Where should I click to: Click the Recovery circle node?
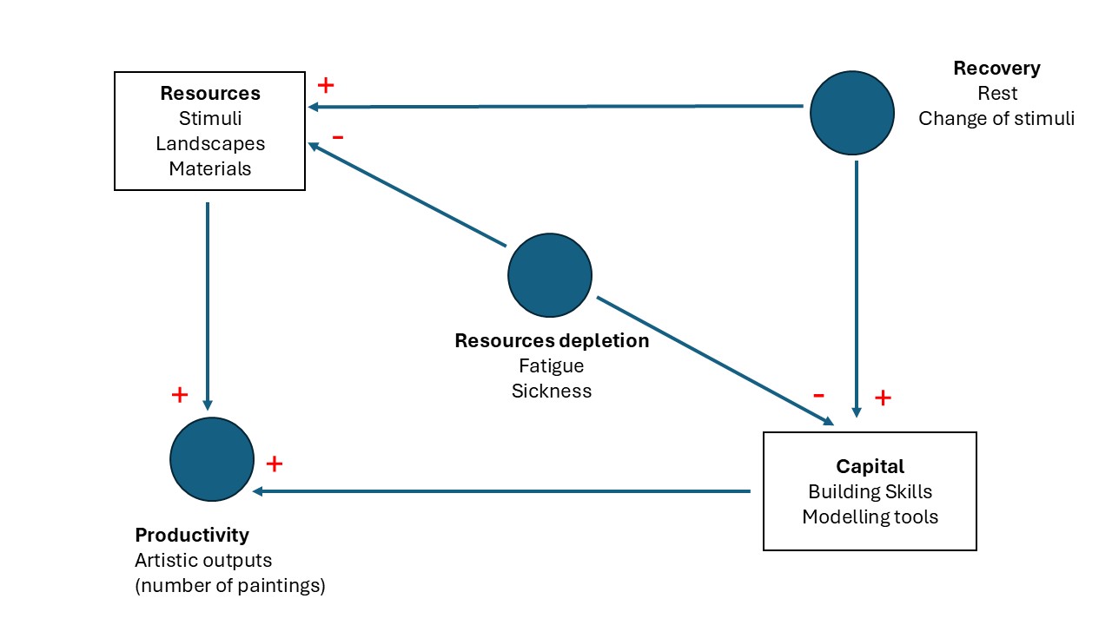click(x=851, y=114)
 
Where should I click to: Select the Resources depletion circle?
click(x=550, y=275)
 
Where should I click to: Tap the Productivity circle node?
click(x=212, y=459)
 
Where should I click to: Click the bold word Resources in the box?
click(x=209, y=93)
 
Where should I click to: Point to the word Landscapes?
click(x=210, y=143)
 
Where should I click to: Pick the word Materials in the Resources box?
click(x=210, y=168)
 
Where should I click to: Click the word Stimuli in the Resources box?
click(x=210, y=118)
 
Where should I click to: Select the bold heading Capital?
click(x=870, y=466)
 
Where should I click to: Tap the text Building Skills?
click(x=870, y=491)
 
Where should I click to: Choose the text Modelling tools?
click(x=870, y=516)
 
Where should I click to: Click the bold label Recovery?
click(x=996, y=69)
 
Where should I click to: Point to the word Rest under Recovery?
click(x=996, y=93)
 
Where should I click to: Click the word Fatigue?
click(x=552, y=365)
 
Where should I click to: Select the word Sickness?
click(x=552, y=391)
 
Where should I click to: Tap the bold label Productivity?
click(x=192, y=535)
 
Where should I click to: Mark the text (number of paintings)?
click(x=230, y=586)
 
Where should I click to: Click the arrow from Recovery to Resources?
click(x=556, y=107)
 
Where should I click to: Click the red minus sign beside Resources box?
click(x=338, y=137)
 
